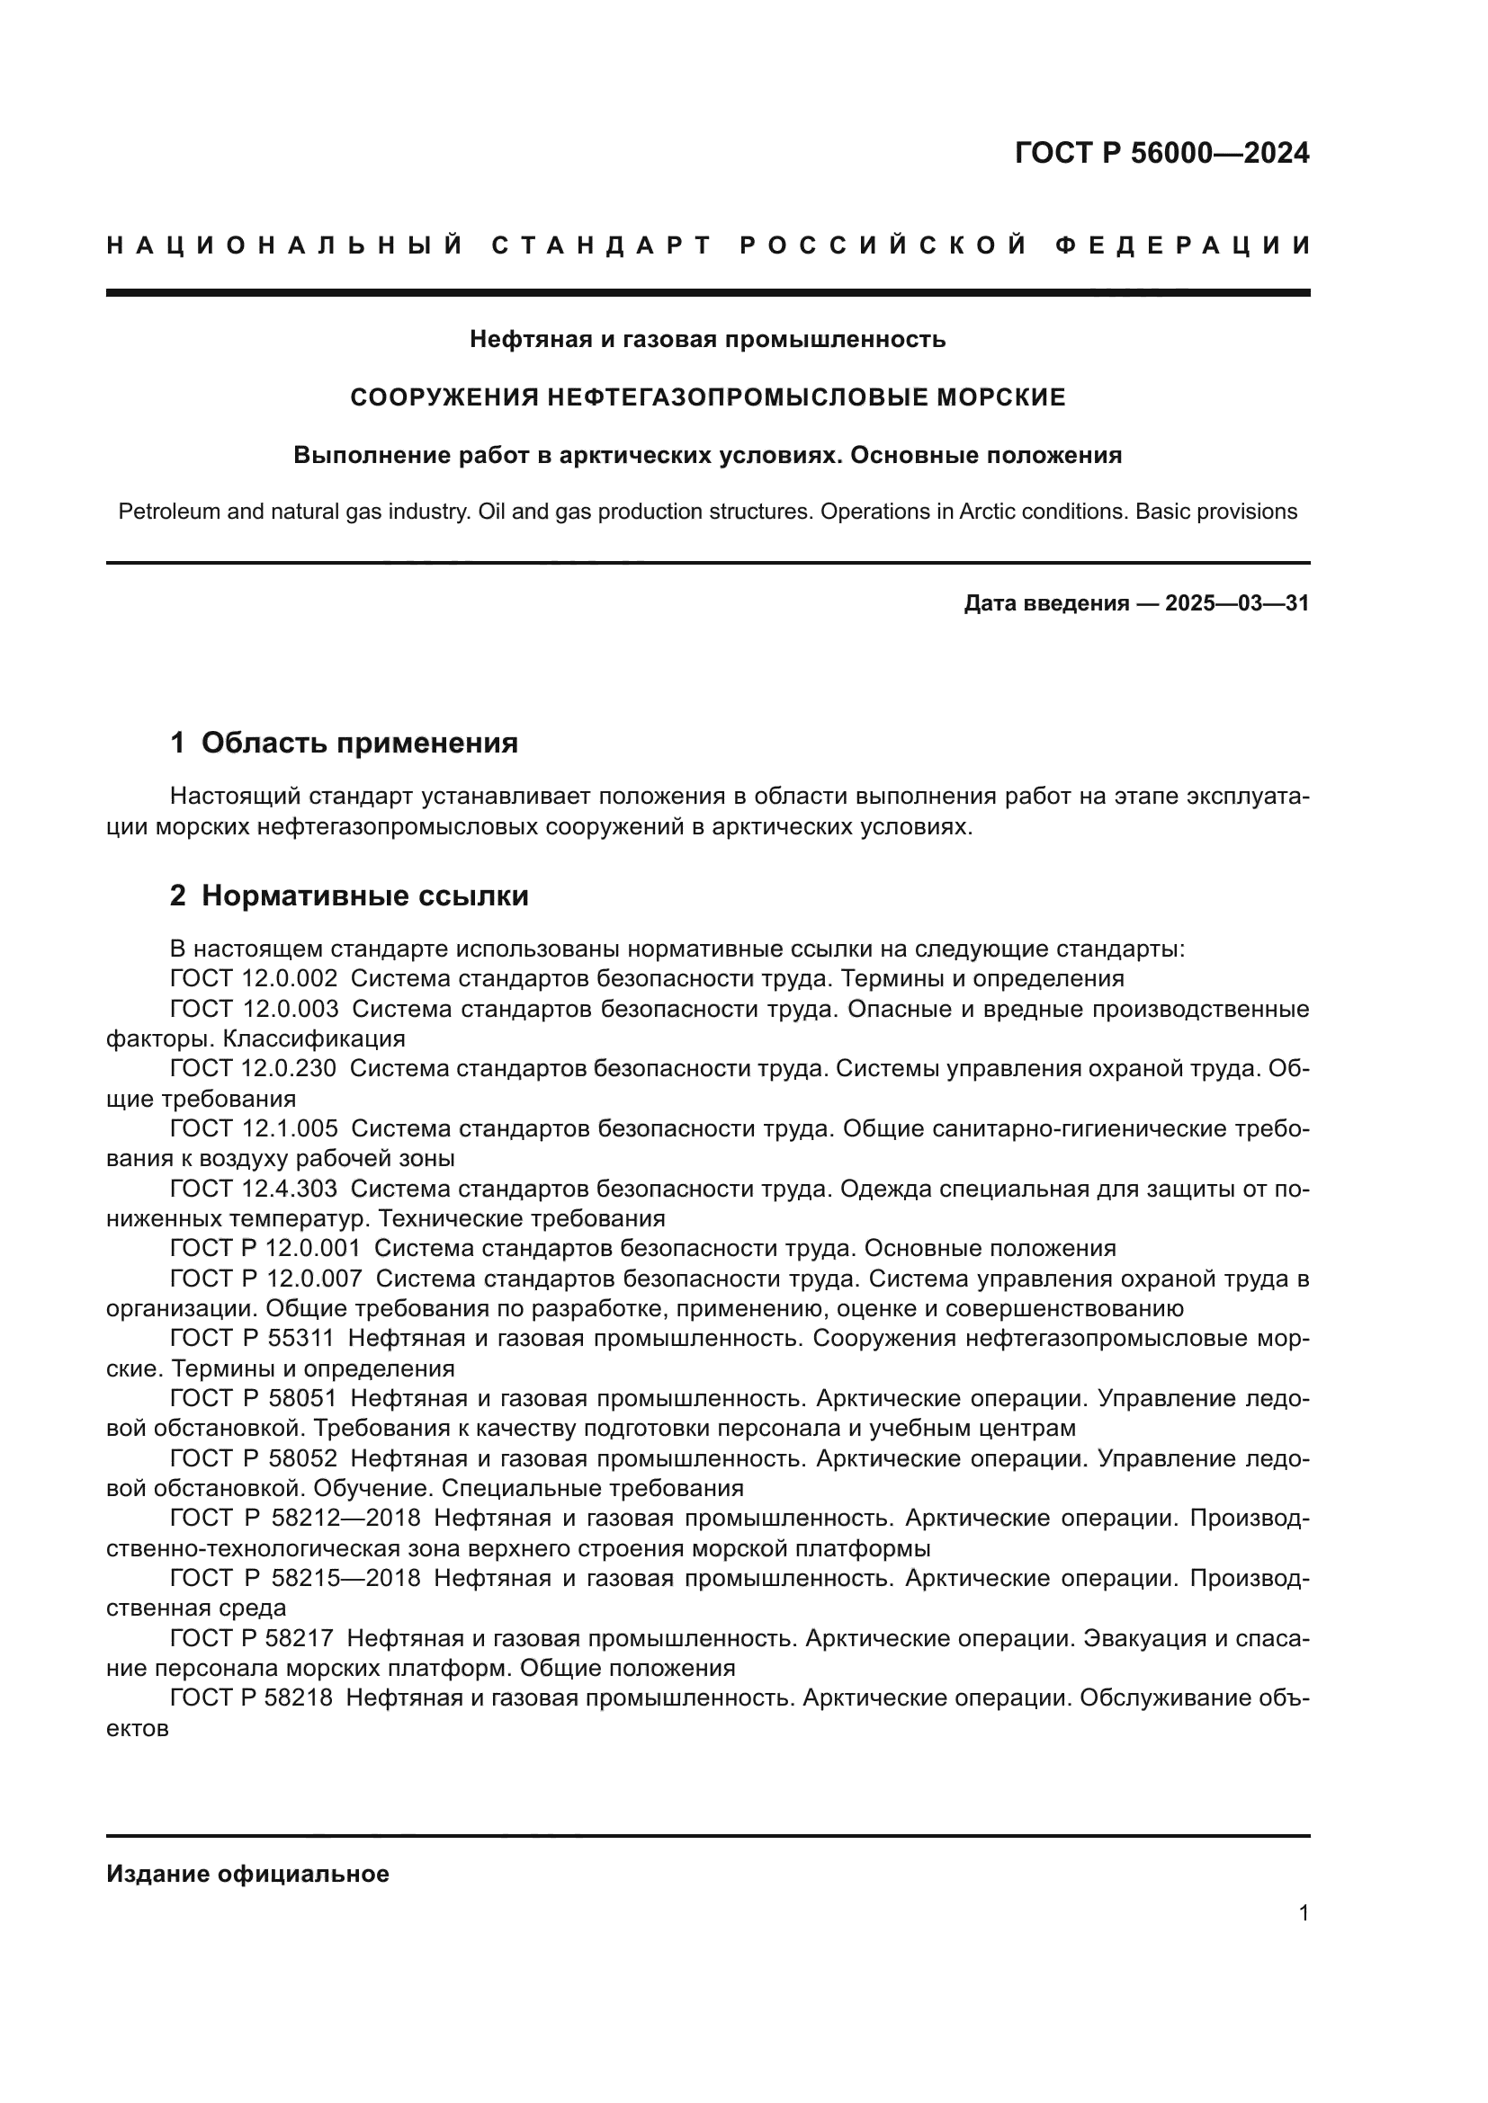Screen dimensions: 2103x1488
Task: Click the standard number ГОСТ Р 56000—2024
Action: coord(1161,153)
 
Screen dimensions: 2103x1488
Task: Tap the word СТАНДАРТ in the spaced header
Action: coord(602,245)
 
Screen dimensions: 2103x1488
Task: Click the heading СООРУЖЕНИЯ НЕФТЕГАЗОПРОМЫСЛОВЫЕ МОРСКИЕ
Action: coord(708,397)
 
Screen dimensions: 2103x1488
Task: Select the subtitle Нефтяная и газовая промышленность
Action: coord(707,340)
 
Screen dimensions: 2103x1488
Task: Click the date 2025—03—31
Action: coord(1237,603)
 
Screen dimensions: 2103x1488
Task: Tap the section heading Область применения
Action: coord(359,743)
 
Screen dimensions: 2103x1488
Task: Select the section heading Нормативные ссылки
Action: coord(364,896)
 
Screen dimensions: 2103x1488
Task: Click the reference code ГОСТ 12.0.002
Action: coord(254,979)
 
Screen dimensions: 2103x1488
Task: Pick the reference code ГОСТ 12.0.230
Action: coord(253,1068)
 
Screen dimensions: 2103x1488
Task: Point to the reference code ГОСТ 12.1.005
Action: coord(254,1128)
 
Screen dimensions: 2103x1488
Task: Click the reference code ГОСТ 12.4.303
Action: coord(254,1189)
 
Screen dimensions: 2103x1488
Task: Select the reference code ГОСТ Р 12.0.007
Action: coord(265,1279)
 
